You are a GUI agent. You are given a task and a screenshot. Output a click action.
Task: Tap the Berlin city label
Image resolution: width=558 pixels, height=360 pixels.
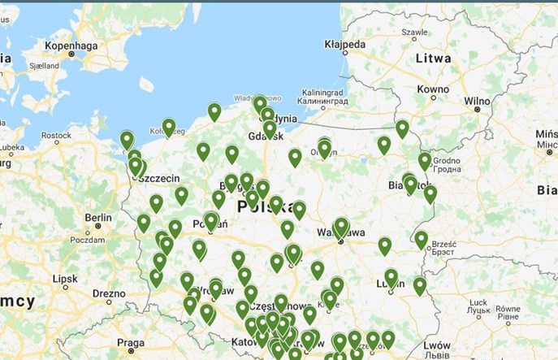[98, 217]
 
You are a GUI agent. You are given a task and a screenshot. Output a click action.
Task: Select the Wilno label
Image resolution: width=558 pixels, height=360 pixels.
[478, 102]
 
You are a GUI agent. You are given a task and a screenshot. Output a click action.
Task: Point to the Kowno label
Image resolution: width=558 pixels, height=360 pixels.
[432, 89]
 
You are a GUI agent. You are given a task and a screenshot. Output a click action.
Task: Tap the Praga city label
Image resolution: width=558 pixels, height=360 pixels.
[130, 342]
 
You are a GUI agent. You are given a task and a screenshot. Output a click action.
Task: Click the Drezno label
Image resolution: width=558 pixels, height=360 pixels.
[110, 293]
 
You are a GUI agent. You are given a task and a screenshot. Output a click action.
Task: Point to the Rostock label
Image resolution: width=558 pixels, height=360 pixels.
[57, 136]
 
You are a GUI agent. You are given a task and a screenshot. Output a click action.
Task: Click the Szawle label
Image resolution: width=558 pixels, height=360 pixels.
[414, 33]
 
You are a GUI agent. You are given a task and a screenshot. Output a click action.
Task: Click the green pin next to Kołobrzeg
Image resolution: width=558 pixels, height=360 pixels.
[169, 127]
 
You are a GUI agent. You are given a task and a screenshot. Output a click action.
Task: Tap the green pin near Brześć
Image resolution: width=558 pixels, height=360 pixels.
[422, 239]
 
